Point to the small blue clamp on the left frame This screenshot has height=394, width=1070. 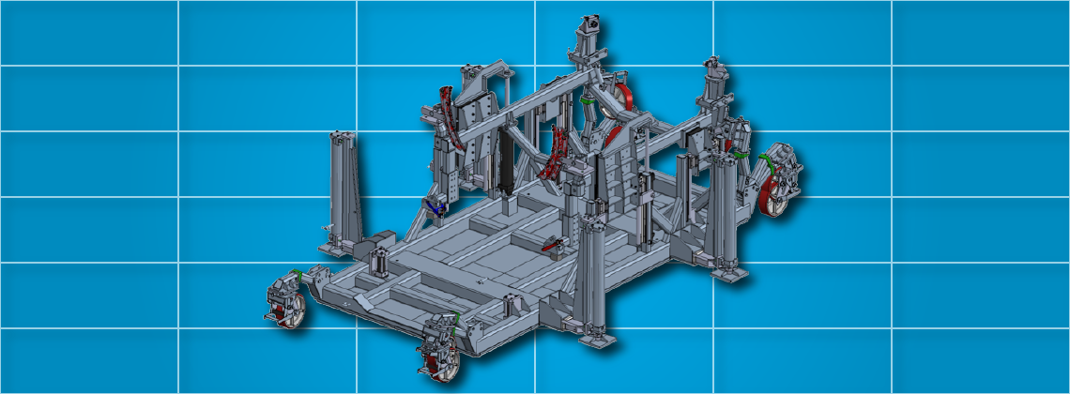pos(434,205)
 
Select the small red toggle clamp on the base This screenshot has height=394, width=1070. pos(555,246)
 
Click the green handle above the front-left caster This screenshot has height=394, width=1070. pos(296,274)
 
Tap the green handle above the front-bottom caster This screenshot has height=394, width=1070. pos(455,320)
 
